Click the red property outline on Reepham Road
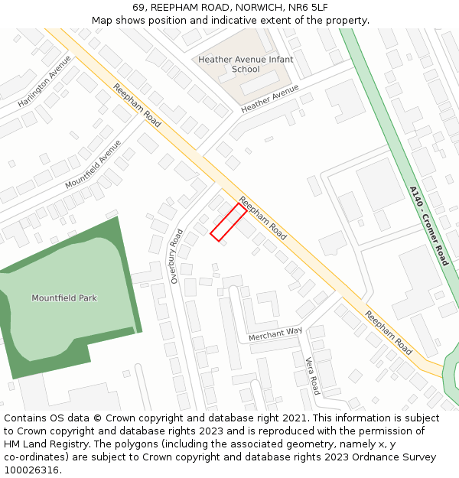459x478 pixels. click(228, 222)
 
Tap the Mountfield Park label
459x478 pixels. click(64, 298)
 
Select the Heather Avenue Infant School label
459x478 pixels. click(240, 64)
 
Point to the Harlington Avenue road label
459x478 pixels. click(44, 81)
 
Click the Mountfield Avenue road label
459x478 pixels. click(93, 164)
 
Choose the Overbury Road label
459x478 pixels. click(177, 256)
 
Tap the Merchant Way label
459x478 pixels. click(275, 333)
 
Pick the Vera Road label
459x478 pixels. click(312, 375)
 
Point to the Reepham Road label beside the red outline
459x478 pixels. click(262, 219)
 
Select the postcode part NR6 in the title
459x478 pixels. click(301, 8)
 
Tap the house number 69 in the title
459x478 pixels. click(138, 8)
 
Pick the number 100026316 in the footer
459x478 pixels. click(33, 470)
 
